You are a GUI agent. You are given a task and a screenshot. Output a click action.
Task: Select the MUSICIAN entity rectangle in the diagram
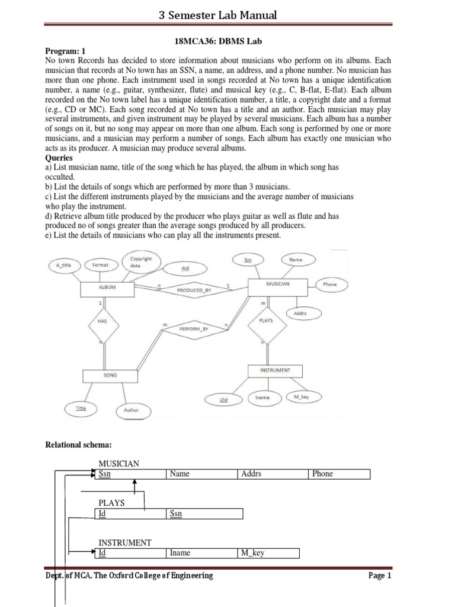point(277,284)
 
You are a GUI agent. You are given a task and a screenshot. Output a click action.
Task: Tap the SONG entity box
point(110,376)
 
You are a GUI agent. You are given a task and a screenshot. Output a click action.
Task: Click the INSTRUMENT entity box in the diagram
point(275,370)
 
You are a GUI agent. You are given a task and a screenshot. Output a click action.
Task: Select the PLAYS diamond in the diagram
point(265,320)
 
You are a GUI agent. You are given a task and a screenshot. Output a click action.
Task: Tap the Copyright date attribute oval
point(140,262)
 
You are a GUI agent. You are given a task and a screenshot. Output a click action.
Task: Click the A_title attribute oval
point(63,266)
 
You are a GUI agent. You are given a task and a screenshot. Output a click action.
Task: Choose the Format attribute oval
point(100,266)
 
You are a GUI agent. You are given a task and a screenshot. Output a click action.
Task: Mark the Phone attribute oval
point(330,285)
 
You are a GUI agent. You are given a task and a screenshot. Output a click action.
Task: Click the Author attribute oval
point(131,410)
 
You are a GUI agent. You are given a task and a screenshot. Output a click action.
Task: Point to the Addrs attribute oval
point(300,313)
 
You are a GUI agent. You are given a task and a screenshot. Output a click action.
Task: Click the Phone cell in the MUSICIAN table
point(339,474)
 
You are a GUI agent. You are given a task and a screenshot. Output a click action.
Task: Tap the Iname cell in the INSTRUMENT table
point(201,553)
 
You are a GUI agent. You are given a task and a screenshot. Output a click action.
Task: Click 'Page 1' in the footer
point(380,576)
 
